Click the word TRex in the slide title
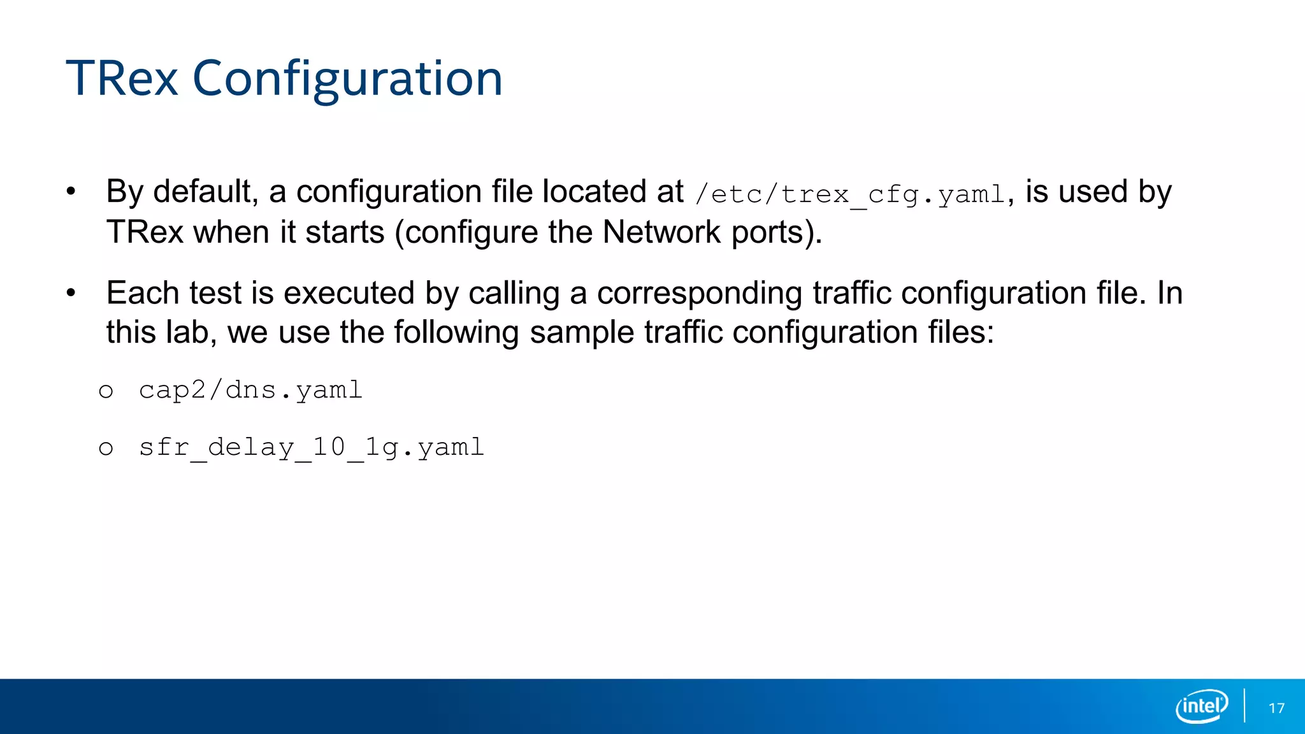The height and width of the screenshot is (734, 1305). pos(122,79)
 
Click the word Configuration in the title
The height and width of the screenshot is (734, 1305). pos(347,79)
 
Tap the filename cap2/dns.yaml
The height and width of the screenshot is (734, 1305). pos(250,390)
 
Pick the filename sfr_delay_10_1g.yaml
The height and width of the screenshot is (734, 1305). pos(312,447)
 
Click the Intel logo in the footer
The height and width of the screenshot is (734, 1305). pos(1202,706)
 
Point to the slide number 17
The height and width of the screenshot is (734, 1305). pos(1276,709)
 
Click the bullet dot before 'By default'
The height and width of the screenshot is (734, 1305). pos(71,191)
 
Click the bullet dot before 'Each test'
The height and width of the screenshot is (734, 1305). pos(71,293)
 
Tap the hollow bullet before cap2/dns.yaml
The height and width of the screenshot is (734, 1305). pos(106,391)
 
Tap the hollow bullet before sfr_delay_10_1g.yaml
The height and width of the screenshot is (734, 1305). pos(106,449)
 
